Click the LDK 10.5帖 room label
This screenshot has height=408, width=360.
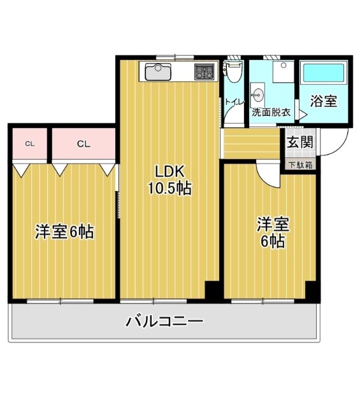[169, 179]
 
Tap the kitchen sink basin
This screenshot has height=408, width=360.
[158, 72]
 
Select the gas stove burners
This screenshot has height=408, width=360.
[205, 72]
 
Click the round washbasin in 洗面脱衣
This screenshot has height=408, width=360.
[257, 95]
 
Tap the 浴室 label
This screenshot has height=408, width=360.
[324, 101]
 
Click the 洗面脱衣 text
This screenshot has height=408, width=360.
[271, 113]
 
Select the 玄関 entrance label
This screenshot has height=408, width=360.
[300, 142]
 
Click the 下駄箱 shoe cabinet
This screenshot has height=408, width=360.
[300, 165]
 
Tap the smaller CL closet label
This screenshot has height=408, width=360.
[30, 144]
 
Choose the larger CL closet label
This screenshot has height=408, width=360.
[83, 144]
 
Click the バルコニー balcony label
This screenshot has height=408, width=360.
[164, 321]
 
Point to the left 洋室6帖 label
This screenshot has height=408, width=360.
[64, 231]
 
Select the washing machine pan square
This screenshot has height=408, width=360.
[284, 72]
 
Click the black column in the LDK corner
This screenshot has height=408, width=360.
[212, 292]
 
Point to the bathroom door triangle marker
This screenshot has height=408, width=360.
[303, 115]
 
